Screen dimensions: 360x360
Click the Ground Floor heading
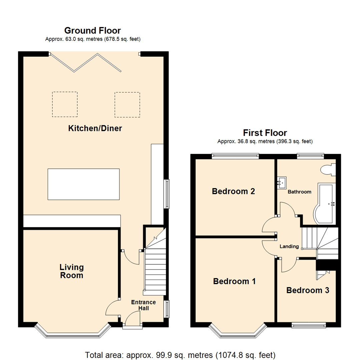(93, 31)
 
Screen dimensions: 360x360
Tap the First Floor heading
(265, 133)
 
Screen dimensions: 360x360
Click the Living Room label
(71, 271)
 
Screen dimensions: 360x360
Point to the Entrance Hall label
(143, 305)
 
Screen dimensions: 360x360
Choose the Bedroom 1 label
(234, 281)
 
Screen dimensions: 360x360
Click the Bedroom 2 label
(233, 191)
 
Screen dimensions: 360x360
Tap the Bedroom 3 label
(308, 290)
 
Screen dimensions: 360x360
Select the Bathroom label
(299, 192)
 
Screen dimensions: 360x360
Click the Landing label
(289, 246)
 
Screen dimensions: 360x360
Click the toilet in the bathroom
(328, 170)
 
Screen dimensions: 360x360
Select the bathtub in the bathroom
(325, 203)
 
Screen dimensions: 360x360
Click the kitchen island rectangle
(83, 184)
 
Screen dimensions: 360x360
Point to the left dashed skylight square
(65, 104)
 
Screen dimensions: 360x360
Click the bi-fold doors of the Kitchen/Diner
(85, 62)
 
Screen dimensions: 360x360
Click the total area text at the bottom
(180, 354)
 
